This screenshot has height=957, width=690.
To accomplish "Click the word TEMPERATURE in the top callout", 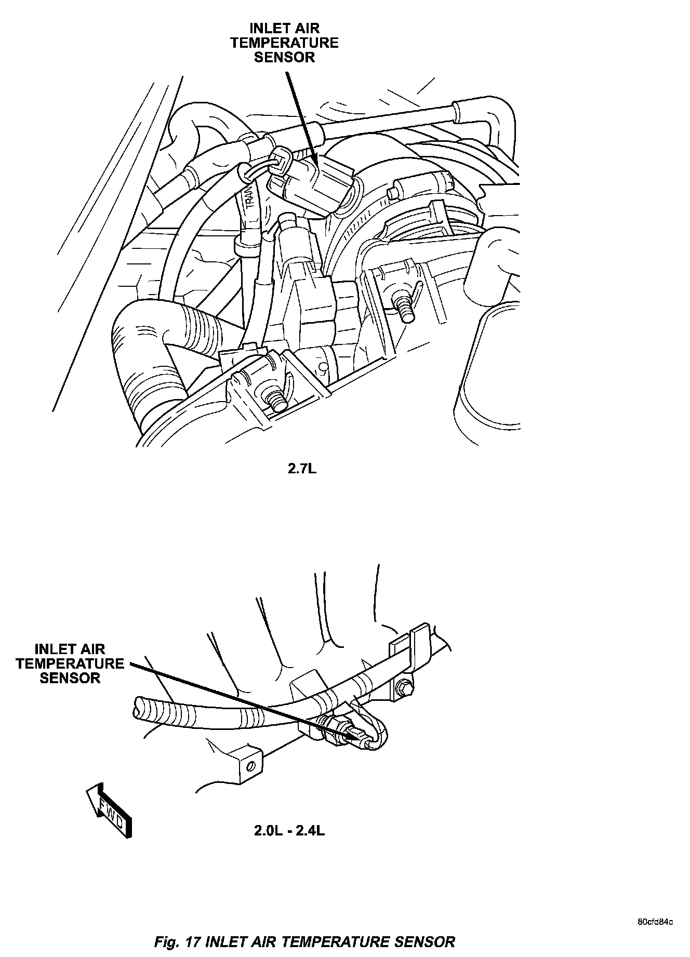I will pyautogui.click(x=284, y=43).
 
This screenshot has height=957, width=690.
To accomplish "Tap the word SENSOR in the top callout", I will pyautogui.click(x=284, y=57).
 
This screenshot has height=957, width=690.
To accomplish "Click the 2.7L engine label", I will pyautogui.click(x=302, y=469).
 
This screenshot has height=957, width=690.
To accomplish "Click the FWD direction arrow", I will pyautogui.click(x=110, y=810).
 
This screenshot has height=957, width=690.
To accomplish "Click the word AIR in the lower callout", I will pyautogui.click(x=92, y=649).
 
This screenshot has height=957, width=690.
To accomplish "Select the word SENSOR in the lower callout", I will pyautogui.click(x=70, y=678).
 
